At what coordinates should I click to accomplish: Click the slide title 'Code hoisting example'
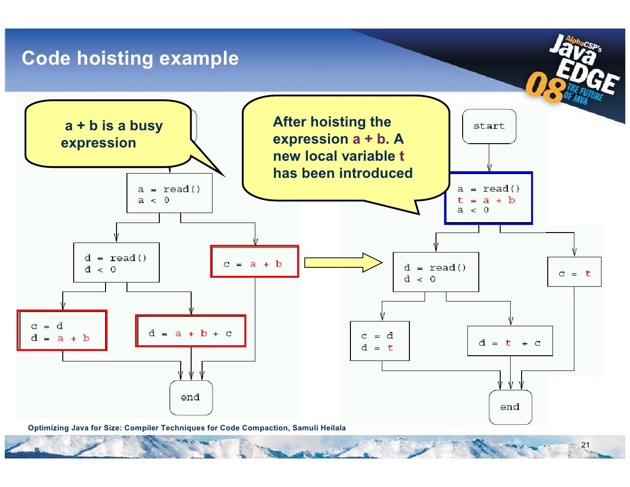tap(130, 58)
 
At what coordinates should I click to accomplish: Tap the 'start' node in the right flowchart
tap(489, 126)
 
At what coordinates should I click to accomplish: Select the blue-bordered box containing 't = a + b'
tap(488, 198)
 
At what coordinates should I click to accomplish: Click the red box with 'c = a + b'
tap(254, 262)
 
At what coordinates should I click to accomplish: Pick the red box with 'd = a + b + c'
tap(190, 331)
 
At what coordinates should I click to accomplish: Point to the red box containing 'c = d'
tap(62, 331)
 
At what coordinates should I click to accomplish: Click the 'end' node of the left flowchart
tap(191, 398)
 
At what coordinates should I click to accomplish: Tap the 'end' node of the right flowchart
tap(510, 407)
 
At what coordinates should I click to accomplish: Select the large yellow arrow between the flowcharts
tap(343, 263)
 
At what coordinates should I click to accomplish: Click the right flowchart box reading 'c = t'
tap(574, 272)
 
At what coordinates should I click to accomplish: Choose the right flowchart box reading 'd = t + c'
tap(510, 341)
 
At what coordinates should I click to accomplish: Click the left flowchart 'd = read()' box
tap(116, 263)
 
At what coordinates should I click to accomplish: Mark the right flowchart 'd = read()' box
tap(436, 272)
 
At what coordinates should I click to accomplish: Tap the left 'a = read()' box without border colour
tap(169, 193)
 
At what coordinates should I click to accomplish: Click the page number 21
tap(585, 445)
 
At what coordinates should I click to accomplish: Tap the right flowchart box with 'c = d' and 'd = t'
tap(379, 341)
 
